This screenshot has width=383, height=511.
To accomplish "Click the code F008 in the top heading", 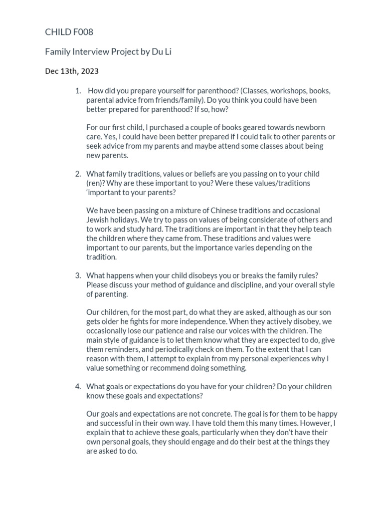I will pyautogui.click(x=82, y=32).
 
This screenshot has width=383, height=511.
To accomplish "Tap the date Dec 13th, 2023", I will pyautogui.click(x=72, y=71).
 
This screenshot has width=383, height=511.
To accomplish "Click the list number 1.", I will pyautogui.click(x=78, y=91).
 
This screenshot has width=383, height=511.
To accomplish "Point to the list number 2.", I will pyautogui.click(x=78, y=174).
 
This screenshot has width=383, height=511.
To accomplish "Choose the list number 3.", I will pyautogui.click(x=78, y=275).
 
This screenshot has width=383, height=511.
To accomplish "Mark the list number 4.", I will pyautogui.click(x=78, y=386).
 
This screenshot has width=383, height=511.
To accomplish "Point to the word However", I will pyautogui.click(x=315, y=423).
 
